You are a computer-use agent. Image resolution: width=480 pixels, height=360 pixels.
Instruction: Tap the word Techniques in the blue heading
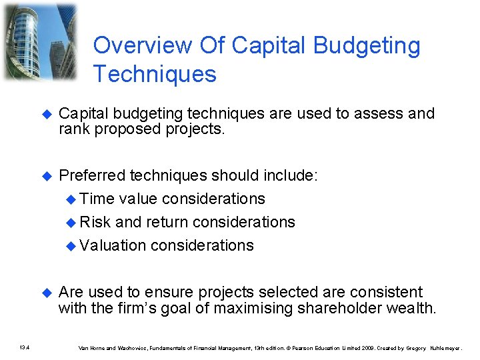tap(155, 74)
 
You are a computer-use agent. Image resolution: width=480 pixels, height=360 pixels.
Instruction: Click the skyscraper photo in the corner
tap(40, 42)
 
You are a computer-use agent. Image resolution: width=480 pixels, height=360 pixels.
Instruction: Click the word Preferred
tap(92, 175)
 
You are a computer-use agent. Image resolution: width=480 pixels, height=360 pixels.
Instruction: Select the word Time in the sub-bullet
tap(97, 199)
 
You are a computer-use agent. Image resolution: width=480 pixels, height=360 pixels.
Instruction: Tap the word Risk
tap(95, 222)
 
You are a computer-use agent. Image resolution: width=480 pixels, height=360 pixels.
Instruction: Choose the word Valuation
tap(113, 245)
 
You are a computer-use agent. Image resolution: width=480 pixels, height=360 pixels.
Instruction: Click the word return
tap(169, 222)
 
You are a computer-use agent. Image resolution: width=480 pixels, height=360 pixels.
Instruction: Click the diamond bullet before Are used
tap(46, 293)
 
